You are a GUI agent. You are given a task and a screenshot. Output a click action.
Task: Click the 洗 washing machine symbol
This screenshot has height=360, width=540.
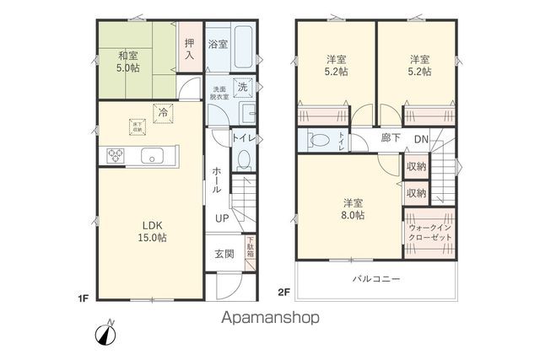point(242,87)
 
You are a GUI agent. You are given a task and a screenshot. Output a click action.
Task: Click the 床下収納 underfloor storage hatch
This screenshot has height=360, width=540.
point(136,126)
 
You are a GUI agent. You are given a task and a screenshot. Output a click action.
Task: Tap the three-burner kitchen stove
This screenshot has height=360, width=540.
point(114,154)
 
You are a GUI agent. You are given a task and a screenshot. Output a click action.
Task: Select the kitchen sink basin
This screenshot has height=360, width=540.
point(154,154)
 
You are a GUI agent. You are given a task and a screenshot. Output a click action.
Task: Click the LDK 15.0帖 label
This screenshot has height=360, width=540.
point(153,232)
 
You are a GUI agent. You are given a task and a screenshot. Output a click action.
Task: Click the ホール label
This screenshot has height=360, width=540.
point(217,180)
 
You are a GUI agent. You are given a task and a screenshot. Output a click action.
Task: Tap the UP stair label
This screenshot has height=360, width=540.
point(221,218)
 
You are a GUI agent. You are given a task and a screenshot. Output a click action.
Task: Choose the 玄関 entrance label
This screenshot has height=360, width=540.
point(224,254)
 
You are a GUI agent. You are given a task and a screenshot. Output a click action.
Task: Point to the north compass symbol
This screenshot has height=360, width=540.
point(106,332)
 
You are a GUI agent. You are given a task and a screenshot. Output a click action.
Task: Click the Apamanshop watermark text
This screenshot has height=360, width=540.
point(271,318)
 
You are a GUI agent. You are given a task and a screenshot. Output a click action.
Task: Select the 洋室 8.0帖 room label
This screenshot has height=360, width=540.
point(353,209)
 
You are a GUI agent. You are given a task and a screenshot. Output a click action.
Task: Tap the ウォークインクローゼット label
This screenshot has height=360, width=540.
point(429,234)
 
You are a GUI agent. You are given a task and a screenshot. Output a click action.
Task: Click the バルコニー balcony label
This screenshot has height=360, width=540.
point(375,279)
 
